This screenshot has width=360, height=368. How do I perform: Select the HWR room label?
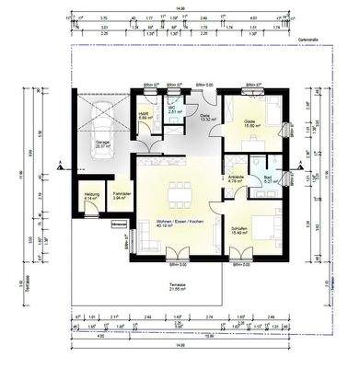(x=145, y=116)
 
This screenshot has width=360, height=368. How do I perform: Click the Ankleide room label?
(x=235, y=180)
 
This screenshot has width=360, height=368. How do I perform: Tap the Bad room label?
(x=269, y=179)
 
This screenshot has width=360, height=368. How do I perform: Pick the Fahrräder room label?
(x=121, y=197)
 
